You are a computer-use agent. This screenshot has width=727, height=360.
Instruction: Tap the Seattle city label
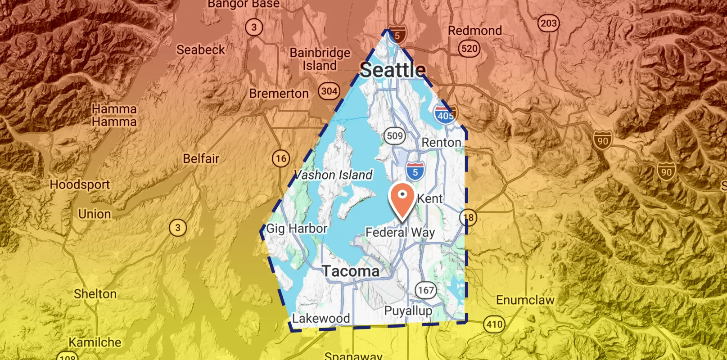tap(393, 70)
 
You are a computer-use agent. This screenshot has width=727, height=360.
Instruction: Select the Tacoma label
tap(351, 271)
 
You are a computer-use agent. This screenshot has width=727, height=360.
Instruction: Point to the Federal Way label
tap(400, 232)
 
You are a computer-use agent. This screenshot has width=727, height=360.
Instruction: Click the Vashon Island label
tap(334, 175)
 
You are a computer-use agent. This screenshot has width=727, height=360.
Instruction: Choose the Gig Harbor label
tap(297, 229)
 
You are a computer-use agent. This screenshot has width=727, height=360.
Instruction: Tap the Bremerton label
tap(279, 94)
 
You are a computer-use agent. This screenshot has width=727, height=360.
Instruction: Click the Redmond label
tap(474, 31)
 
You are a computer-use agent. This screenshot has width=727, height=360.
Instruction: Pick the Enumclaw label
tap(525, 300)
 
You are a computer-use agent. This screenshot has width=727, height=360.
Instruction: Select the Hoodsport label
tap(80, 184)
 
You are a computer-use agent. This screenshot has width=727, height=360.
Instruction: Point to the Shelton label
tap(95, 294)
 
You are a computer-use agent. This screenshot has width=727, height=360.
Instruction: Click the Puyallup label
tap(408, 310)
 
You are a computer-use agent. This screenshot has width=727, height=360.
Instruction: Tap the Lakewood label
tap(321, 319)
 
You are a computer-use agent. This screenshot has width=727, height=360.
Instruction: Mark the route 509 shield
tap(395, 135)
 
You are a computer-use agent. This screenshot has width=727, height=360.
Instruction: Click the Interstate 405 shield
tap(445, 115)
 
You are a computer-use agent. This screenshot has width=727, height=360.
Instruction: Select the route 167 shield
tap(425, 290)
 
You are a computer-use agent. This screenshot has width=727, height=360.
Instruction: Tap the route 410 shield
tap(494, 324)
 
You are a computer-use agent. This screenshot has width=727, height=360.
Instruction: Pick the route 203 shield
tap(548, 23)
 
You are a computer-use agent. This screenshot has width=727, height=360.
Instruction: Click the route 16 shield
tap(281, 158)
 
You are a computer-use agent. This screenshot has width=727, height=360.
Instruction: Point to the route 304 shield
tap(329, 91)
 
